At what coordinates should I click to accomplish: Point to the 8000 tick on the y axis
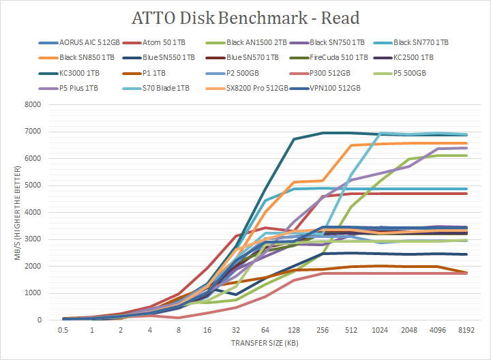pyautogui.click(x=31, y=104)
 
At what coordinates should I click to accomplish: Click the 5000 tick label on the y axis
pyautogui.click(x=31, y=185)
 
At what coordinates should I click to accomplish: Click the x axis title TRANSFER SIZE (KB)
pyautogui.click(x=265, y=343)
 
